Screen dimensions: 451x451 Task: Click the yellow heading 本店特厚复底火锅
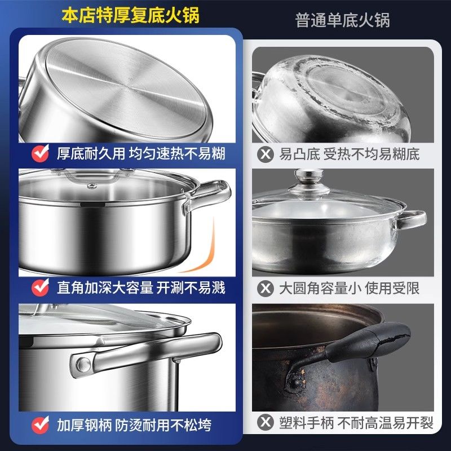tap(130, 15)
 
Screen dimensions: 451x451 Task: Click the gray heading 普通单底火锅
tap(343, 20)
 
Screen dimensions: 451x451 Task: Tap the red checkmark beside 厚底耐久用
tap(40, 153)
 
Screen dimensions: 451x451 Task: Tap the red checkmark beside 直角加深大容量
tap(40, 287)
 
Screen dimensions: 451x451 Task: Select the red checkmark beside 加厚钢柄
tap(40, 425)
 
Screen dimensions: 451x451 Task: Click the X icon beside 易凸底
tap(265, 154)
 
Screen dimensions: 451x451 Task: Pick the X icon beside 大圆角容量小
tap(265, 288)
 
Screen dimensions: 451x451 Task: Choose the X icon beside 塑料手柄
tap(265, 422)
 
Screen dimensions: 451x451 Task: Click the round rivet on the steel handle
tap(83, 365)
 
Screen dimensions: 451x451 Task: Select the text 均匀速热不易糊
tap(177, 153)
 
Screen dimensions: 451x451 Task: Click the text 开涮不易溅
tap(191, 288)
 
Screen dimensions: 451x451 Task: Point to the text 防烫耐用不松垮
tap(163, 425)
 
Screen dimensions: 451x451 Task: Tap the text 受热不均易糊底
tap(372, 154)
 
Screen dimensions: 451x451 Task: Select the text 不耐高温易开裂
tap(386, 423)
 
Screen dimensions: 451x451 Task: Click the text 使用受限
tap(392, 288)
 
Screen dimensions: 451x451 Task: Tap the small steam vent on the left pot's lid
tap(92, 186)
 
